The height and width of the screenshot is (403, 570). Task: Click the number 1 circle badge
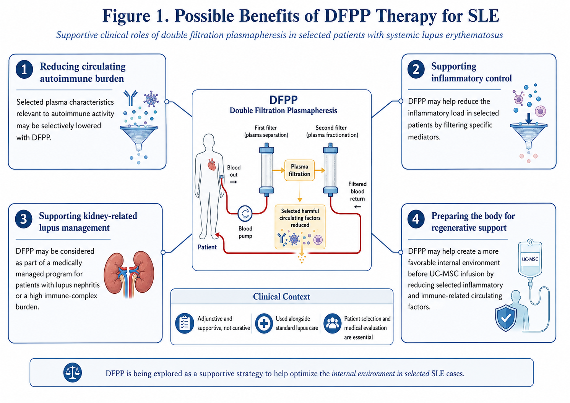(24, 70)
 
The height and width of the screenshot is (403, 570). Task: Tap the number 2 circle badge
(416, 69)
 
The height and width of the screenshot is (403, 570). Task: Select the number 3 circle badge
(24, 219)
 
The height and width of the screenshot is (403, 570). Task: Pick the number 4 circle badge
(416, 219)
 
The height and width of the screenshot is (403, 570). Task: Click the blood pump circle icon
(245, 213)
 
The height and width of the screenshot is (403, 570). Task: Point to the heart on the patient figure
(212, 165)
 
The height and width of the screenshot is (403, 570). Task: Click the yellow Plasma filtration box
(299, 170)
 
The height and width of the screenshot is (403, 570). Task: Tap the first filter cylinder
(267, 170)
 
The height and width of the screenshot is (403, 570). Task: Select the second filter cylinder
(330, 170)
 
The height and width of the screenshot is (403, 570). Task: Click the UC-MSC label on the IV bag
(530, 259)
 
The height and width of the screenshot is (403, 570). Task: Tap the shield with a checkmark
(506, 318)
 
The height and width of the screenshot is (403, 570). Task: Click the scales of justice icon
(73, 372)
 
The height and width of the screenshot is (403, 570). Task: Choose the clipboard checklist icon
(185, 323)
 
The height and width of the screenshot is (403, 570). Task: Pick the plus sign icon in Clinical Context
(264, 323)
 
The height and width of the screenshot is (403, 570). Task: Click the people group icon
(332, 323)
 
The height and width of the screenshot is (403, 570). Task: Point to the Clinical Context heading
(281, 296)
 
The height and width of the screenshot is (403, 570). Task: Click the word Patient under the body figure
(207, 247)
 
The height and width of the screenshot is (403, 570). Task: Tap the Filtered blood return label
(357, 191)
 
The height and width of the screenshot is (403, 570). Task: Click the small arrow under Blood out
(234, 182)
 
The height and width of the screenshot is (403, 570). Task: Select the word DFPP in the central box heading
(283, 100)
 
